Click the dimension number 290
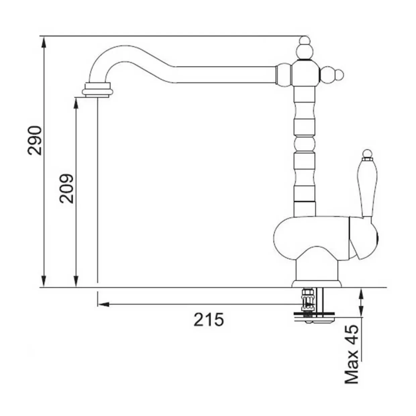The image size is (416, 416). click(35, 141)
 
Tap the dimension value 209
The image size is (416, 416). click(66, 189)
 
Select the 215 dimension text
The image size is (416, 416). click(209, 319)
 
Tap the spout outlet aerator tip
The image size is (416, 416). click(97, 90)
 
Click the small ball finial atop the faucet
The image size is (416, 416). click(305, 41)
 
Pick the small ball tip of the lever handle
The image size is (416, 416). click(367, 153)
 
